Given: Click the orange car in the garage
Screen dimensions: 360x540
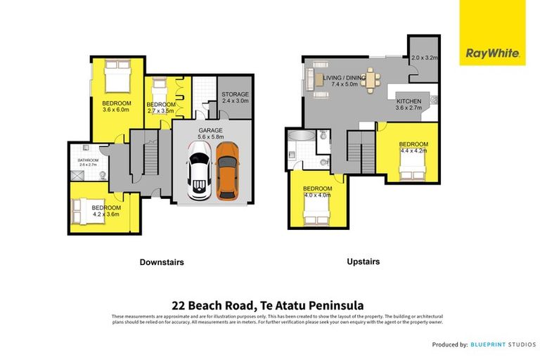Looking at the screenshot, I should point(227,172).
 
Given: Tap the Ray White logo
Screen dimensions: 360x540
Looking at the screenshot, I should point(491,53).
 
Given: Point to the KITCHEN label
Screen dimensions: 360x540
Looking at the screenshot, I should point(409,101).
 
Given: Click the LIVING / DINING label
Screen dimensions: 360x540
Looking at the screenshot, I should point(345,77).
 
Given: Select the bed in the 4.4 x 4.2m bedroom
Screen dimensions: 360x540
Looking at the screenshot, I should point(411,168).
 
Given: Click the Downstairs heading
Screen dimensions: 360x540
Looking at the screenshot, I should point(161,262).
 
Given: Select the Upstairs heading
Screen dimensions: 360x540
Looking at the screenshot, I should point(364,261).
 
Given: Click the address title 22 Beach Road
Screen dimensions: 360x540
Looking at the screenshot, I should point(267,305).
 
